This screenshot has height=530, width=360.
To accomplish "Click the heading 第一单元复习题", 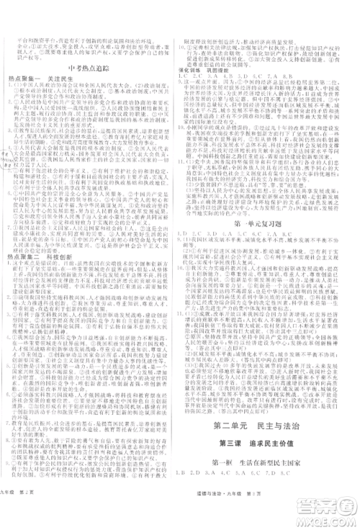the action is pos(268,225).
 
